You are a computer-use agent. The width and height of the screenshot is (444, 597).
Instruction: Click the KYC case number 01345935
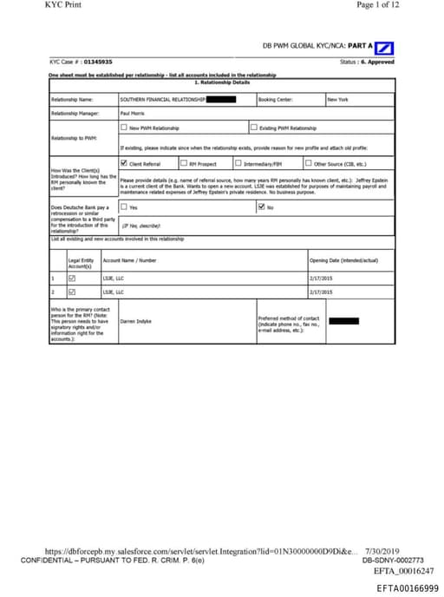[99, 62]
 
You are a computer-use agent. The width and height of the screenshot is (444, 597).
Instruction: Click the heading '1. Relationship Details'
[221, 82]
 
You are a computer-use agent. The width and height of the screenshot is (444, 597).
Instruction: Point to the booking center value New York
[338, 100]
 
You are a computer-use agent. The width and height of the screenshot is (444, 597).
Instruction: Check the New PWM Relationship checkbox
[124, 128]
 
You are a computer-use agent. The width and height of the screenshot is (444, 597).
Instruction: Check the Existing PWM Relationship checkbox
[253, 128]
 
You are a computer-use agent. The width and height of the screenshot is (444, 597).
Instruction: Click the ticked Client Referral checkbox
[124, 162]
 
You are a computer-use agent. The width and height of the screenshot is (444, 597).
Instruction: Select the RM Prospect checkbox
[183, 162]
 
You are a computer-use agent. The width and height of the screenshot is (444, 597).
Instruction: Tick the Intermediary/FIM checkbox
[238, 162]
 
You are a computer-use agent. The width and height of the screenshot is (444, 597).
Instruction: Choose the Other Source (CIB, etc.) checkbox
[308, 162]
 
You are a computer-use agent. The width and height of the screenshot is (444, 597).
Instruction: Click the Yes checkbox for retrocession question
[124, 207]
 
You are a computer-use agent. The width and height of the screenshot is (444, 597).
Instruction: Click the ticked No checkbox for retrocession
[261, 207]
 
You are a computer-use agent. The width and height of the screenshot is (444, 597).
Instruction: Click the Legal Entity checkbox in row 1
[72, 278]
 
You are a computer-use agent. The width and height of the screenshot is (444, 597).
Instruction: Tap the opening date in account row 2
[322, 292]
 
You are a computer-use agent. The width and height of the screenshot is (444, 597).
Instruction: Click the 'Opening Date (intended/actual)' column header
[343, 259]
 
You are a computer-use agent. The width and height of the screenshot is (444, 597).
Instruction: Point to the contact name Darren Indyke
[136, 320]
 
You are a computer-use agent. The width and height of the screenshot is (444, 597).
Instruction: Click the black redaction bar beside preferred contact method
[343, 320]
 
